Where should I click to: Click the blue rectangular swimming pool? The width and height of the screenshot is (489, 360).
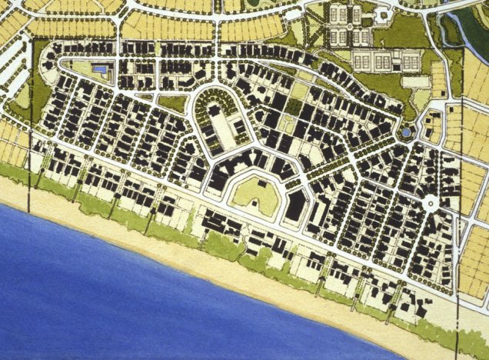coord(100,69)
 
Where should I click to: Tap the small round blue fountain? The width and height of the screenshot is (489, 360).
coord(405,134)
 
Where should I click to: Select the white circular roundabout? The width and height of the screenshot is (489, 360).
coord(431,205)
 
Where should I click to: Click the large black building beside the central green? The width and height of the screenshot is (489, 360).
coord(296,203)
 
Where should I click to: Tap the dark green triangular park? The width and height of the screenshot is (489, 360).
coord(174,103)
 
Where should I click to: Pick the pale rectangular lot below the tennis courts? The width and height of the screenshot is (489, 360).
coord(415,81)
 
